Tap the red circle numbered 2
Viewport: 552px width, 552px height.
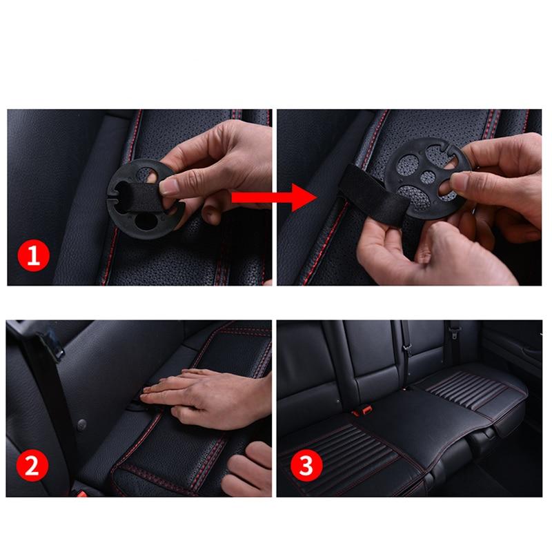[x=33, y=467]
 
